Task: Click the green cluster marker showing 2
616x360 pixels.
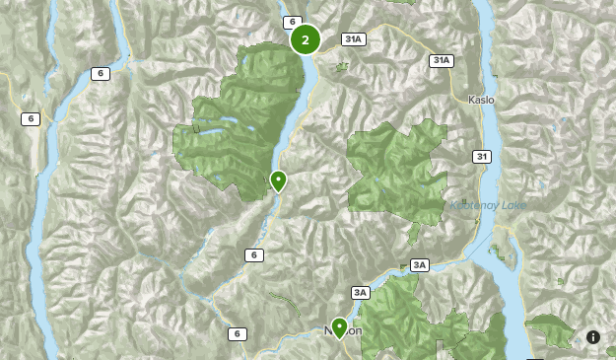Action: (x=305, y=39)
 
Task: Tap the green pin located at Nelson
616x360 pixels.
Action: (x=340, y=326)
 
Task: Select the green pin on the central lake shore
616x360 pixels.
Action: (x=278, y=180)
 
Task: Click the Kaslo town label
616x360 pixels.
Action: (x=480, y=101)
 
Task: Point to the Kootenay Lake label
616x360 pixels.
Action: (x=488, y=205)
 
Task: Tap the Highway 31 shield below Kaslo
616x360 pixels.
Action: (x=481, y=156)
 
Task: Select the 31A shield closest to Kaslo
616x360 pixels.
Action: (x=441, y=61)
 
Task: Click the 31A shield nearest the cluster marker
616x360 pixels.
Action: (x=354, y=39)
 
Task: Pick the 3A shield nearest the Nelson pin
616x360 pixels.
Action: (x=361, y=292)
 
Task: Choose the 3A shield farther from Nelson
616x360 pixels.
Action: (x=420, y=265)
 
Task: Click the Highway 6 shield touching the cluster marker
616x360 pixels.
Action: (x=291, y=22)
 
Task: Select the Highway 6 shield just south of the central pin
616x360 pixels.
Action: (x=254, y=255)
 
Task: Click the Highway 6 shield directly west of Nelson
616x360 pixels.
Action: (x=237, y=334)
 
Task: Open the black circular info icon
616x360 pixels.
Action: (x=593, y=337)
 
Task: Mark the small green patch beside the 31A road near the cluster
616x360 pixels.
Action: (x=342, y=67)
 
